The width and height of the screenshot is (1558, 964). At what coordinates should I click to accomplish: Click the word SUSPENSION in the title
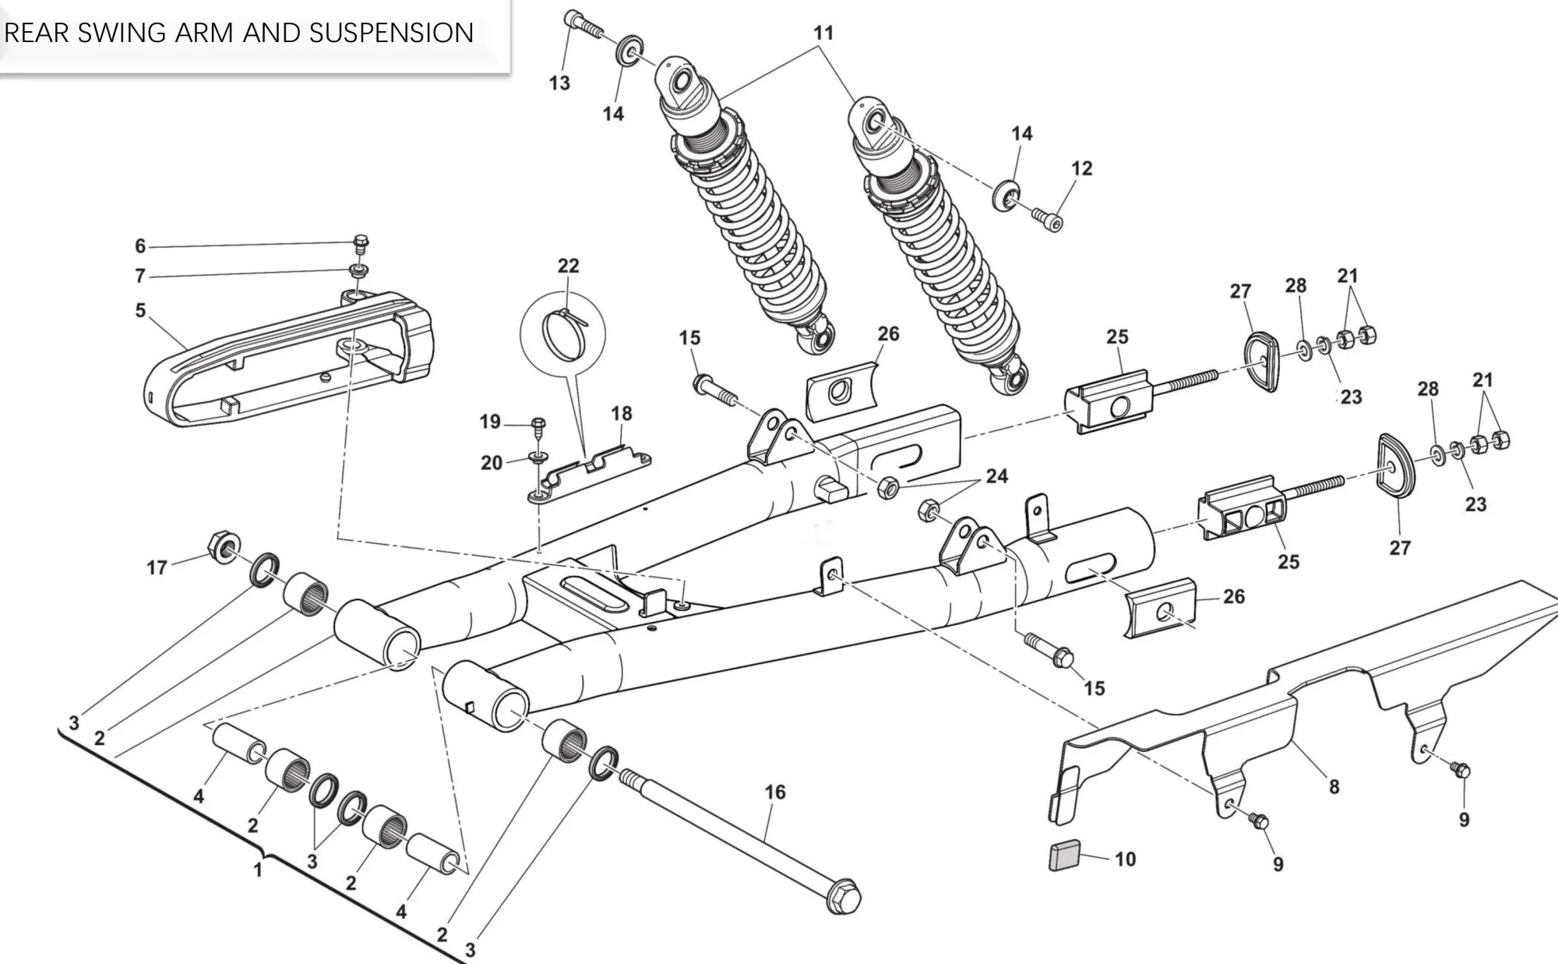391,33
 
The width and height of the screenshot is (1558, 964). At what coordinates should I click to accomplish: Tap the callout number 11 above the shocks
823,34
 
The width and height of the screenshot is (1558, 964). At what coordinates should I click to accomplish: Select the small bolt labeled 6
361,244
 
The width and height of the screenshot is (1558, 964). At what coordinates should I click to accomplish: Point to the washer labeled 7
358,271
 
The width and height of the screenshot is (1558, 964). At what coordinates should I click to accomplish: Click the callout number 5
140,310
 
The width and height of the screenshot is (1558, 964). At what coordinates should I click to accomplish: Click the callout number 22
569,266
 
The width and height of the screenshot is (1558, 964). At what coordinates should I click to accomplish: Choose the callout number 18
621,413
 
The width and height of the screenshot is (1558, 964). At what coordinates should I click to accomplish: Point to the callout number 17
157,567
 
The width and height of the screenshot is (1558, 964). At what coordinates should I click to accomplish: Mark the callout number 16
775,792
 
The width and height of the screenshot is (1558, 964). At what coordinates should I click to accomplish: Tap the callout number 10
1125,859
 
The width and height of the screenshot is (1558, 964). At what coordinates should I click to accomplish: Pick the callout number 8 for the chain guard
1334,787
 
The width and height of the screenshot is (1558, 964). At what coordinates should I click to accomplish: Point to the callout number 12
1081,168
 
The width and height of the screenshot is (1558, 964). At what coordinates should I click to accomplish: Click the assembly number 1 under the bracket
259,869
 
